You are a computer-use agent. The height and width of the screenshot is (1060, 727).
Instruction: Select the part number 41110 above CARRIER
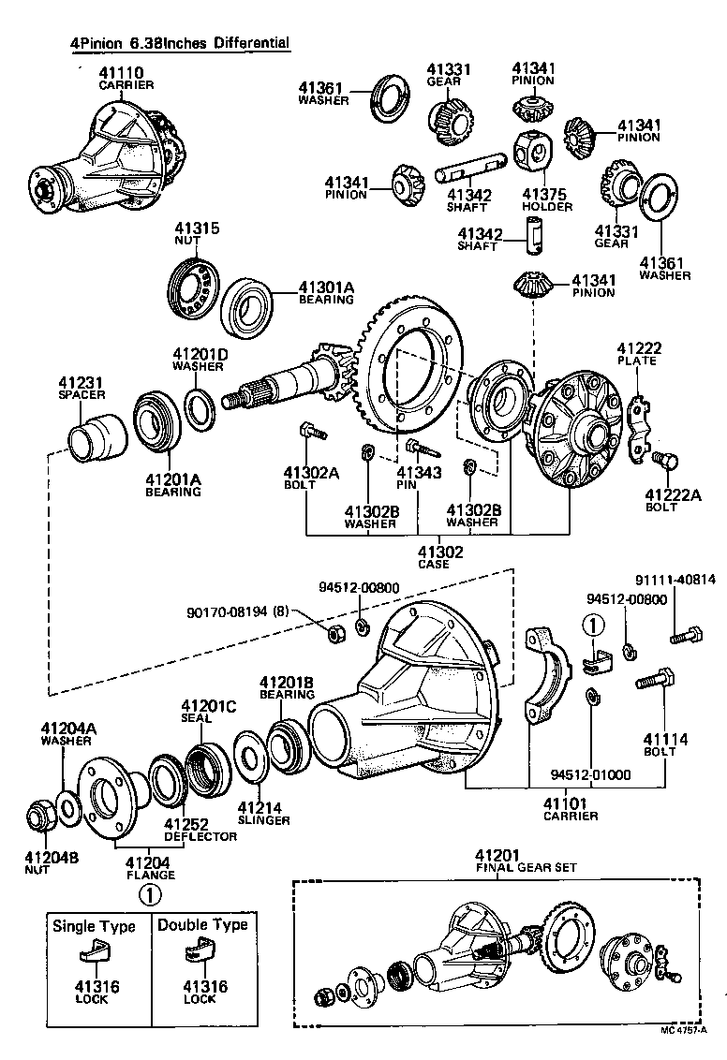pos(126,74)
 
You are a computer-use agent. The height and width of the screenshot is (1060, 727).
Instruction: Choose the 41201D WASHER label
pos(199,360)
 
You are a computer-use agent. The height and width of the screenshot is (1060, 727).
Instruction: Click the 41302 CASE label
pos(439,557)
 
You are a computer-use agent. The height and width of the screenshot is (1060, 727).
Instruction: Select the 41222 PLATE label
pos(639,353)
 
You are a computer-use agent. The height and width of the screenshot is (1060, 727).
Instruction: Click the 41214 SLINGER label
pos(263,813)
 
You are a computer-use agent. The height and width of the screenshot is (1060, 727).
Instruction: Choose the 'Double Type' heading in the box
pos(202,925)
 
